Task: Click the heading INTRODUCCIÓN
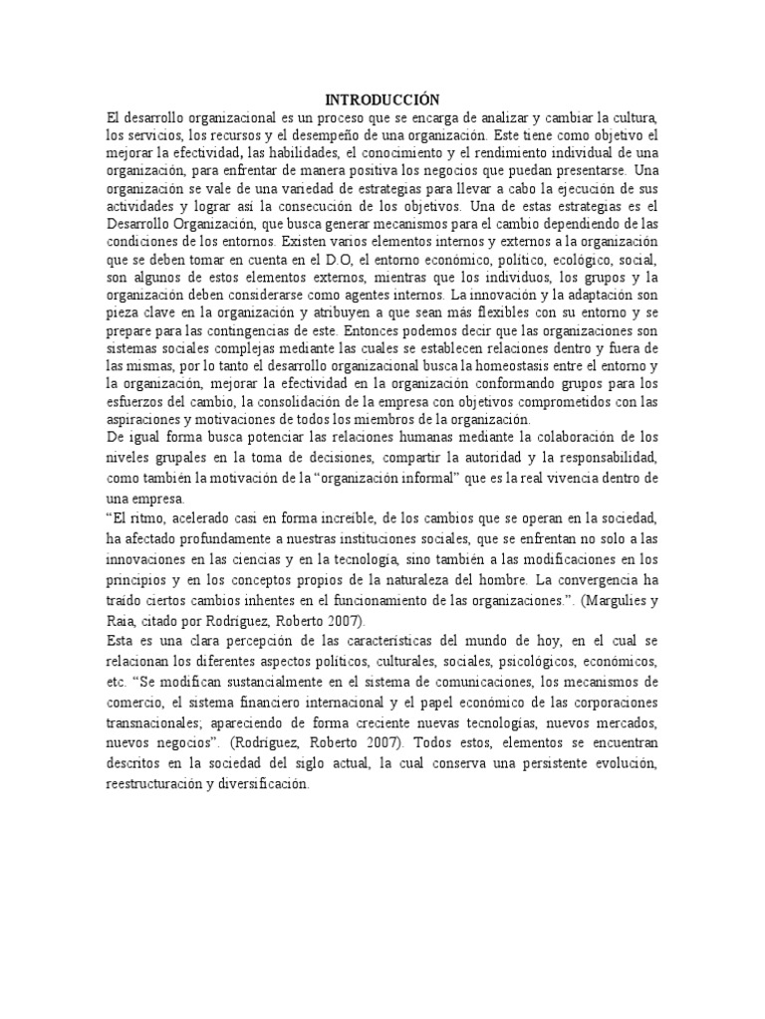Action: (382, 100)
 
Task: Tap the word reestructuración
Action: (161, 784)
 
